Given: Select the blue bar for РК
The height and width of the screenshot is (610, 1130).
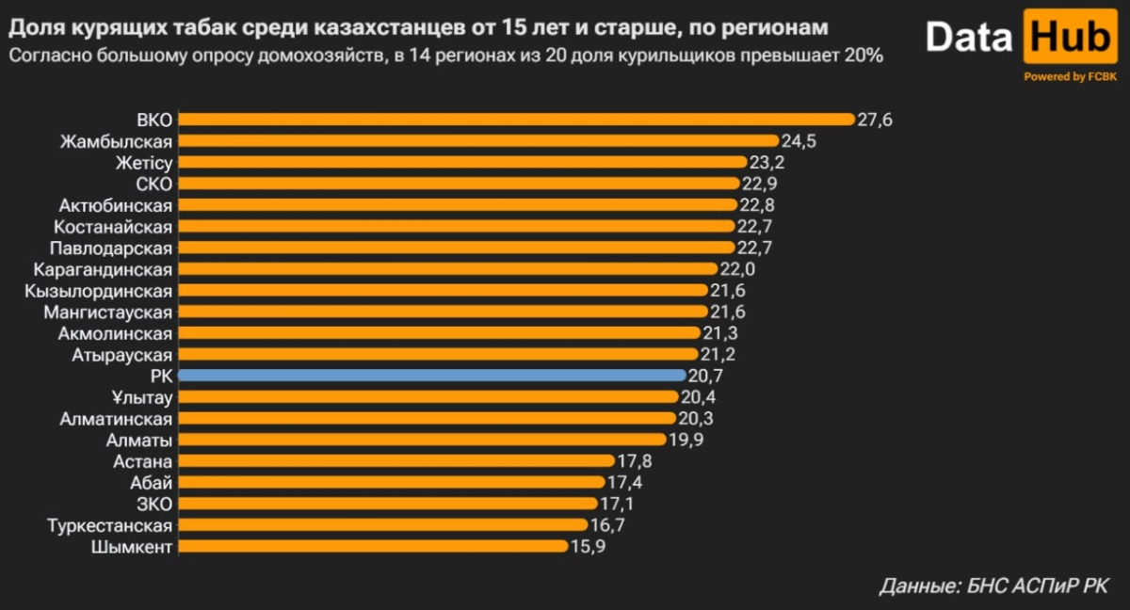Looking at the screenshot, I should (431, 375).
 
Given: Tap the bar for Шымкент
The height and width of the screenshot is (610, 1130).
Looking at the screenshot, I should (373, 546).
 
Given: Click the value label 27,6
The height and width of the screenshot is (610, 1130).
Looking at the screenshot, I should (875, 120).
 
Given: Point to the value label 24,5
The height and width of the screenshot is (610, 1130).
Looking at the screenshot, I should (799, 141).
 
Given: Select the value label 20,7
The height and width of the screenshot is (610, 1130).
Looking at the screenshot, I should (705, 375).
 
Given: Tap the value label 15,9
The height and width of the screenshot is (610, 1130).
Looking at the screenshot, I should (588, 546).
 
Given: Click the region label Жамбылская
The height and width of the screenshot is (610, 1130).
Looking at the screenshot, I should (116, 141).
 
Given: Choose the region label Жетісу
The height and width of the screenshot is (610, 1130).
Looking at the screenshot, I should (143, 163).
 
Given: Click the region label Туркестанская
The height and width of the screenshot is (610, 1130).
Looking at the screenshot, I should (109, 525).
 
